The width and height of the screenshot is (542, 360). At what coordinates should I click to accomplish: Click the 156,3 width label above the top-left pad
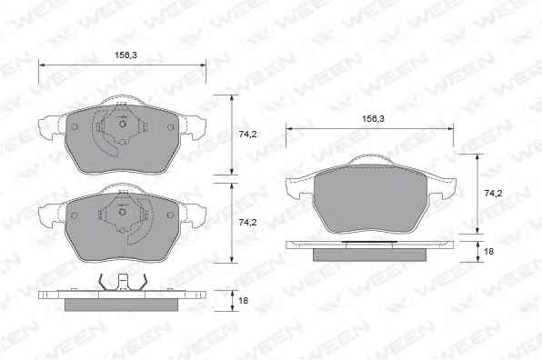click(x=125, y=55)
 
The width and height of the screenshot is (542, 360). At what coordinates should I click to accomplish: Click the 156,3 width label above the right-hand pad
click(x=373, y=119)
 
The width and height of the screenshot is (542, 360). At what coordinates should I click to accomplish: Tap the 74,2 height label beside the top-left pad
click(x=247, y=135)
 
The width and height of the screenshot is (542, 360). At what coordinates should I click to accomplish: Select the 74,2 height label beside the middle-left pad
click(x=247, y=223)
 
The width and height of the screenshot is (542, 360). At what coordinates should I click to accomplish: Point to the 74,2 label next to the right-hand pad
click(x=493, y=194)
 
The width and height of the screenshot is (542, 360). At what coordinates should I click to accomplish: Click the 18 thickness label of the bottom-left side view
click(x=244, y=301)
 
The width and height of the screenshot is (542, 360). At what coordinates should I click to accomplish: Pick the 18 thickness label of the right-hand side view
click(x=488, y=251)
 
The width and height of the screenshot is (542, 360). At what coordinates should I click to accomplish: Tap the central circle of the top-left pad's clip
click(x=122, y=124)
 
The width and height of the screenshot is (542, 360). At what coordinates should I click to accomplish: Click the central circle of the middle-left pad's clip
click(x=122, y=212)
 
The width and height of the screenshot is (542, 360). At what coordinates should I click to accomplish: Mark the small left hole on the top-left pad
click(x=74, y=127)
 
